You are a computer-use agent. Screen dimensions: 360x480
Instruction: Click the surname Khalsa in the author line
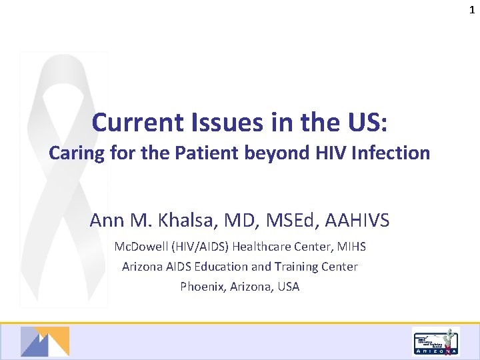tap(170, 219)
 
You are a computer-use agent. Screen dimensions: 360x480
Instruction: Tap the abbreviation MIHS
tap(351, 247)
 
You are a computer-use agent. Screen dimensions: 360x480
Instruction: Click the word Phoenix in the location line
tap(201, 287)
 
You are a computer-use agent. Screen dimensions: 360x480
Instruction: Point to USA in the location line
tap(287, 287)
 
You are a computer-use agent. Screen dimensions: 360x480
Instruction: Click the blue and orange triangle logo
tap(45, 341)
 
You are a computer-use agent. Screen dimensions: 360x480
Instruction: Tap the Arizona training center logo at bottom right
tap(435, 342)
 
